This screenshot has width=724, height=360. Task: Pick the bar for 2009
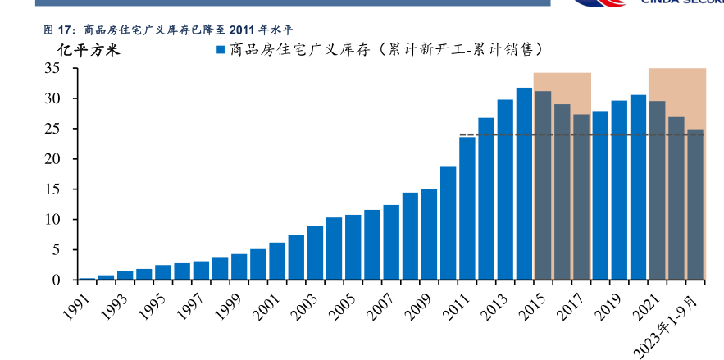click(429, 235)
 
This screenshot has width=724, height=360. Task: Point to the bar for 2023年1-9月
click(695, 204)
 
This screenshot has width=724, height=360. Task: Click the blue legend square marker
click(221, 50)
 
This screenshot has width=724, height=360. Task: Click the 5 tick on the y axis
click(57, 250)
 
